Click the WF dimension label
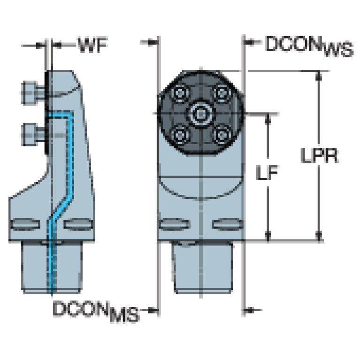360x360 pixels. pos(93,46)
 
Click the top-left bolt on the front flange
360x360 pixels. pos(179,93)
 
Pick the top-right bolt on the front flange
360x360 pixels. pos(221,93)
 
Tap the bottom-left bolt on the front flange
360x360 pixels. pos(179,135)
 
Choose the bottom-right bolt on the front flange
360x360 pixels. pos(221,135)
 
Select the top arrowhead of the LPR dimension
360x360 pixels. pos(320,76)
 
